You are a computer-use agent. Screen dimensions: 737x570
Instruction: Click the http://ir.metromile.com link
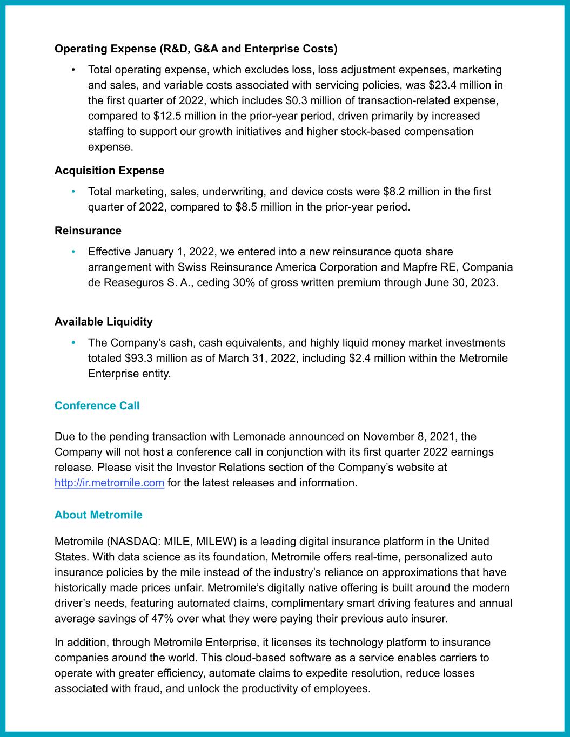click(x=109, y=483)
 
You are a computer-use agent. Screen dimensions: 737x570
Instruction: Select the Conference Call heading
click(x=97, y=405)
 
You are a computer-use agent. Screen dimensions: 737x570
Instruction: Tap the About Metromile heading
click(x=98, y=515)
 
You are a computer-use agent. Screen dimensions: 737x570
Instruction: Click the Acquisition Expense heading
click(x=109, y=171)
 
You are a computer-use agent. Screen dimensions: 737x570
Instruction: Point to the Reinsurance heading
click(x=88, y=231)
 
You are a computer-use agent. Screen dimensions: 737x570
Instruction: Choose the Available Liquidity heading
click(x=103, y=322)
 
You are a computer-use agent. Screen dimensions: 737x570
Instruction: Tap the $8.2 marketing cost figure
click(x=397, y=192)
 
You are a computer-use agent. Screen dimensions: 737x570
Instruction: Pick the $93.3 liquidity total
click(x=139, y=358)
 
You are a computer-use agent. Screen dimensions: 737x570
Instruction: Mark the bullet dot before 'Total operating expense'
click(x=73, y=70)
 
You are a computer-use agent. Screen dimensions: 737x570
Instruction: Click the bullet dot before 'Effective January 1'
click(x=73, y=252)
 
